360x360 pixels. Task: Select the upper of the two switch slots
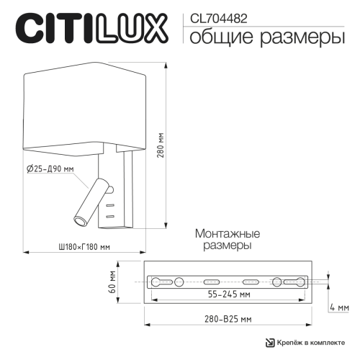pos(109,207)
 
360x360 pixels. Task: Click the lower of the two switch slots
pos(109,215)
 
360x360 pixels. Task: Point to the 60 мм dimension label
pos(114,281)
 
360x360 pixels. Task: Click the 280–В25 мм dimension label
pos(227,318)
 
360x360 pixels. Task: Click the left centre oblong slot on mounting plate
pos(214,281)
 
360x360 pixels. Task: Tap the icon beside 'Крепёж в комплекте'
pos(269,343)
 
